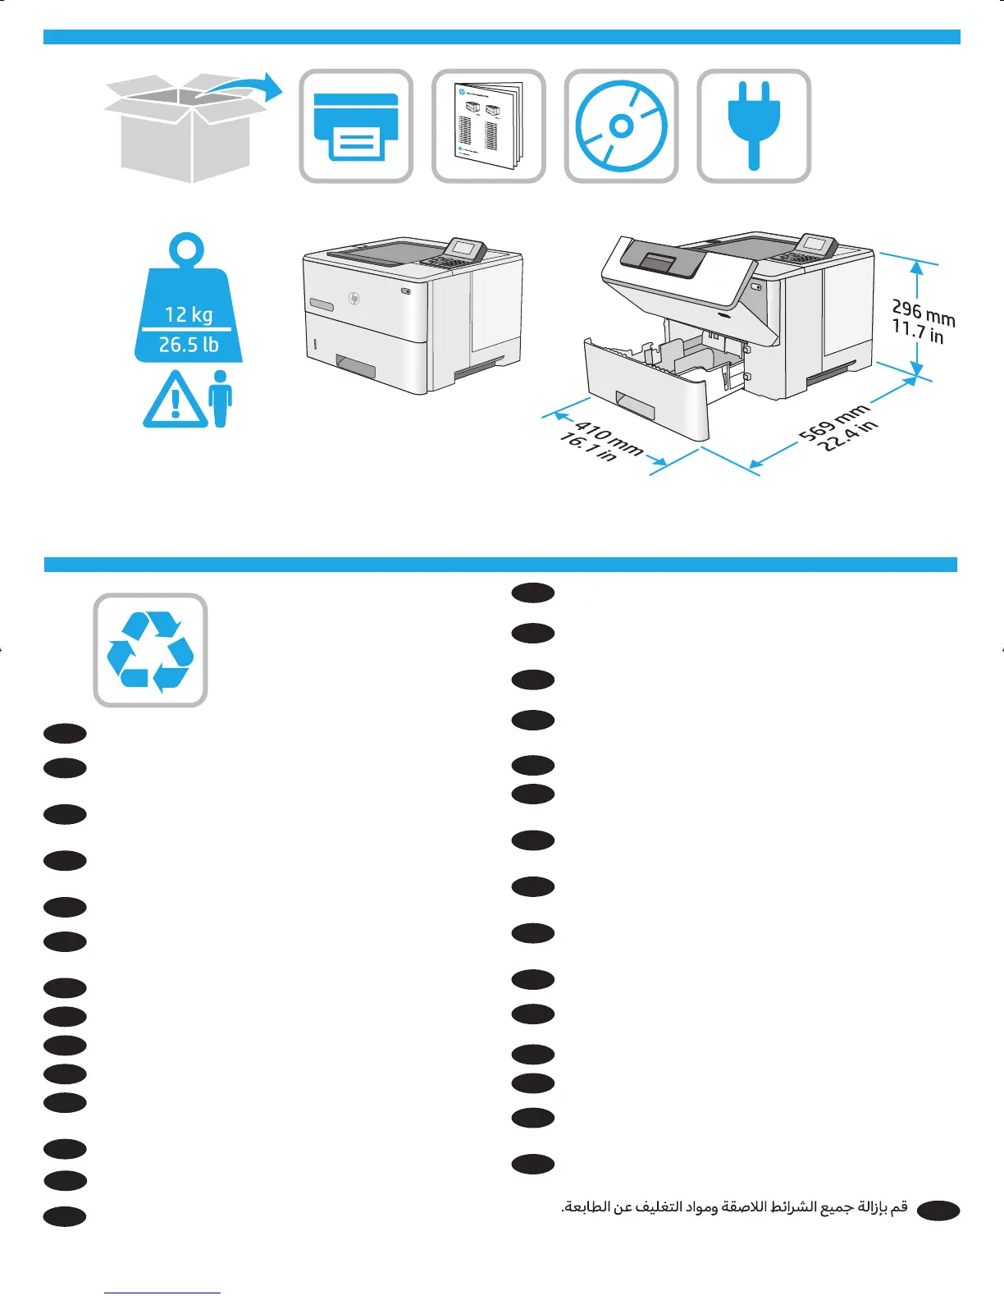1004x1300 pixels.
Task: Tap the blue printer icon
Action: click(x=356, y=126)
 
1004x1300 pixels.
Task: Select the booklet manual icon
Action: click(x=489, y=126)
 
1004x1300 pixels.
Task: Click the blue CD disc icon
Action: click(x=621, y=126)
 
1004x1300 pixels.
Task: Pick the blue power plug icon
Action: click(x=754, y=125)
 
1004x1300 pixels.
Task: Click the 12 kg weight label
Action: click(x=189, y=314)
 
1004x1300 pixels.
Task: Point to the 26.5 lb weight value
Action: click(x=189, y=345)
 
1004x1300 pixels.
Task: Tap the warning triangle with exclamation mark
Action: click(x=175, y=401)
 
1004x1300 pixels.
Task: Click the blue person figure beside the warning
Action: click(x=220, y=399)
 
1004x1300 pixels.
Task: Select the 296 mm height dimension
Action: click(x=924, y=312)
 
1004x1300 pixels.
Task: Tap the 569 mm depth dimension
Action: click(x=834, y=422)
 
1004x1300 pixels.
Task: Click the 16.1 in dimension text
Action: click(x=587, y=448)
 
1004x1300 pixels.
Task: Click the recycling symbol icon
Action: click(x=150, y=650)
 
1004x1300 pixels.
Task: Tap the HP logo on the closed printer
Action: click(x=354, y=298)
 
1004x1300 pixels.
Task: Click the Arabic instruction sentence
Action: click(x=734, y=1207)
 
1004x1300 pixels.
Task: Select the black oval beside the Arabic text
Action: click(x=938, y=1211)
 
